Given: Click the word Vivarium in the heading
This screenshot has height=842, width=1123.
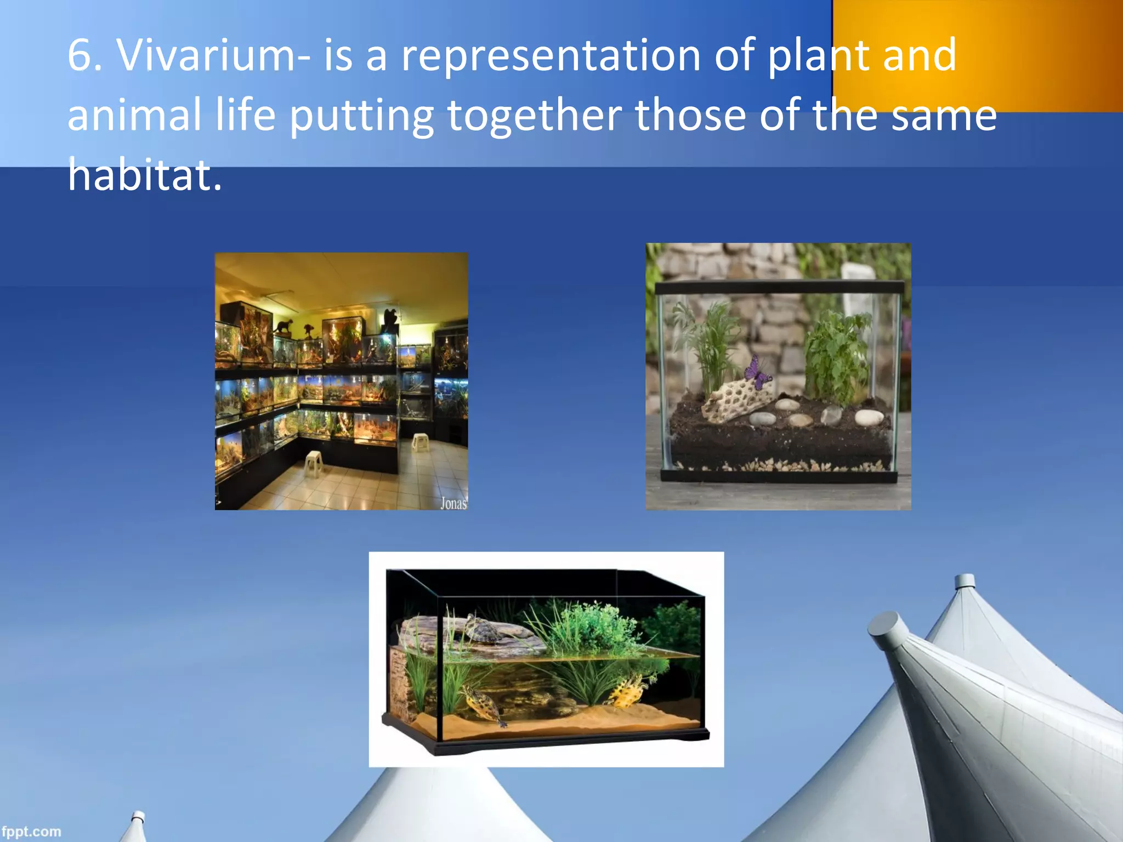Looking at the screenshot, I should [206, 56].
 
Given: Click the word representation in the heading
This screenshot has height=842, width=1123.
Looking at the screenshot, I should [551, 56].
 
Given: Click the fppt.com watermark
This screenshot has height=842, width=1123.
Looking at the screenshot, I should [31, 832].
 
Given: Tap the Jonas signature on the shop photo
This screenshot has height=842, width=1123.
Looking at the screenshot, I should [453, 503].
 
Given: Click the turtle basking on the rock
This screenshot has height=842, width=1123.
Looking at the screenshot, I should [483, 630].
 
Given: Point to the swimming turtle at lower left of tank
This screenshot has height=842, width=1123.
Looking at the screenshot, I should [483, 707].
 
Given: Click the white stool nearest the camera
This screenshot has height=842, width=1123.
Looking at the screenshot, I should [314, 463].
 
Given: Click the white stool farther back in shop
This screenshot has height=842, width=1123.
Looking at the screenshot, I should [419, 441].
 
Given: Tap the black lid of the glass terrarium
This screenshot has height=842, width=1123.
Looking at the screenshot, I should [779, 287].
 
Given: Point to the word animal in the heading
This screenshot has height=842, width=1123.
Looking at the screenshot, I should [134, 116].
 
